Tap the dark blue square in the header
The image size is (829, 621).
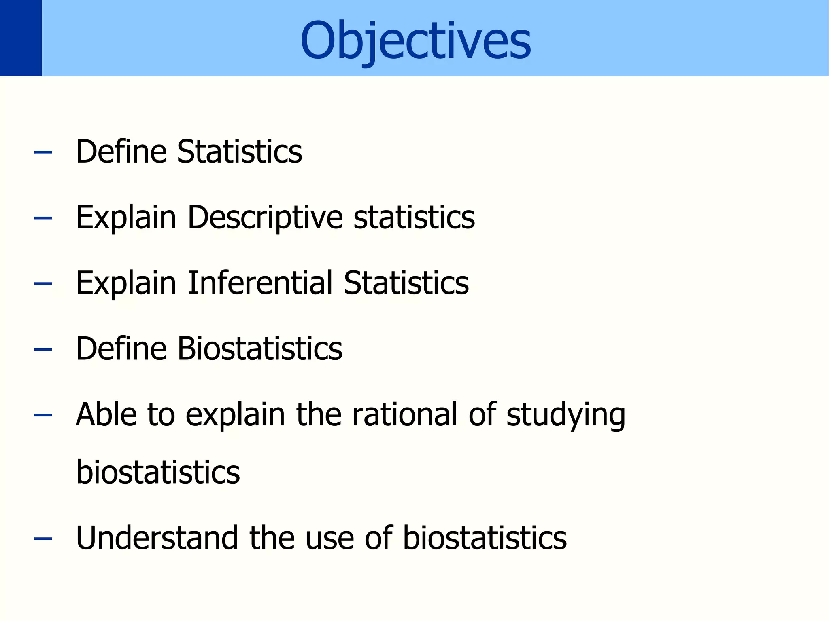click(x=21, y=38)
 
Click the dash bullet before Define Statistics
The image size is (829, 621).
click(x=43, y=152)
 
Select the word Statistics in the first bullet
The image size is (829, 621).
click(x=240, y=152)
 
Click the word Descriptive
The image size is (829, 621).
click(x=265, y=218)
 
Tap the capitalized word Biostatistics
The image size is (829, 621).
click(x=260, y=349)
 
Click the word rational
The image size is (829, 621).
click(x=405, y=414)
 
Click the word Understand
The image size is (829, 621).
click(x=157, y=538)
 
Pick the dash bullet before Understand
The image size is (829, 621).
click(x=43, y=539)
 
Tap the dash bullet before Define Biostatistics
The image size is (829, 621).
click(x=43, y=349)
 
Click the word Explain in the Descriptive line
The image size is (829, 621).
click(x=126, y=218)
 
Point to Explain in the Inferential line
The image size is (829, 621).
click(x=126, y=283)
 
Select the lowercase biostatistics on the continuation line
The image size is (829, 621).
click(x=158, y=472)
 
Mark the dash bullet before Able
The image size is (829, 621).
click(x=43, y=415)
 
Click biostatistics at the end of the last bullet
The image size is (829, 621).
click(x=485, y=538)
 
